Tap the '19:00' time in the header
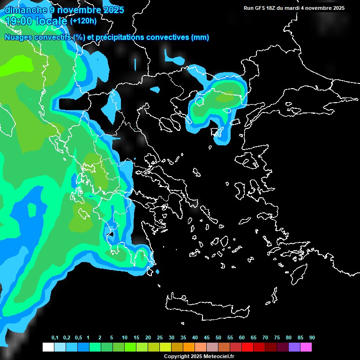(18, 21)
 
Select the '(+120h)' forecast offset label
(83, 21)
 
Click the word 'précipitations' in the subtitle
(120, 37)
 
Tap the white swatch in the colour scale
(48, 347)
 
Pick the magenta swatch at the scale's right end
(306, 347)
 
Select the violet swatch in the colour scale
(294, 347)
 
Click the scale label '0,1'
(55, 338)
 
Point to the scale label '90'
(312, 338)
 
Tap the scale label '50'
(218, 338)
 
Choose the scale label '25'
(160, 338)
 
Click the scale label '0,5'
(78, 338)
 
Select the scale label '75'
(277, 338)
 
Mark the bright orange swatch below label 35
(188, 347)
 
